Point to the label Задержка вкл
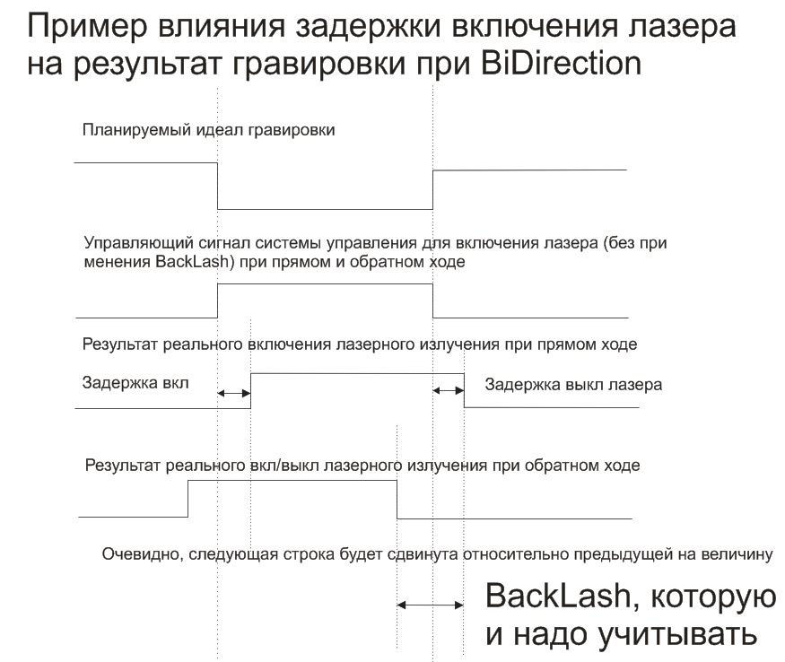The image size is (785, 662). coord(136,383)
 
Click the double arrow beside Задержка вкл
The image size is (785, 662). coord(234,392)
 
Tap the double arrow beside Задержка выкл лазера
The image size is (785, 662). coord(449,389)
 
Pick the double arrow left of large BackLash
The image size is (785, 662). coord(430,605)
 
